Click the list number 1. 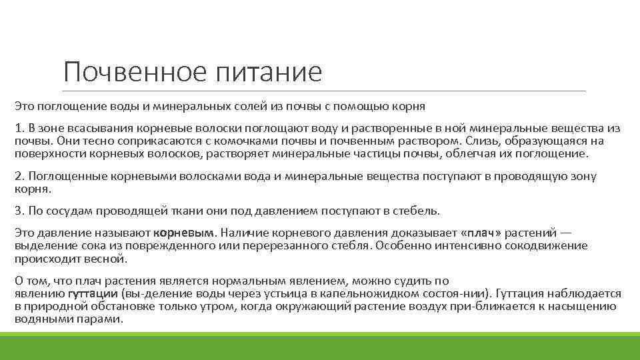pyautogui.click(x=19, y=127)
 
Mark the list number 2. pyautogui.click(x=19, y=176)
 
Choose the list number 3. pyautogui.click(x=19, y=211)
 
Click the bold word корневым pyautogui.click(x=185, y=233)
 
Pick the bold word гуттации pyautogui.click(x=93, y=293)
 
